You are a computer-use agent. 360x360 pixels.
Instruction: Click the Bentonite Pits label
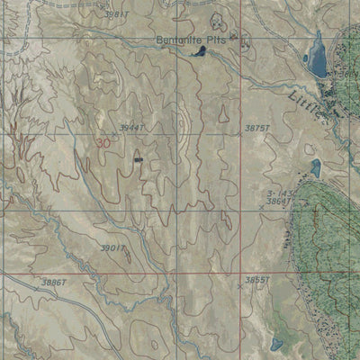click(192, 40)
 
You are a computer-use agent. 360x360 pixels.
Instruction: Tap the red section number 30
click(103, 143)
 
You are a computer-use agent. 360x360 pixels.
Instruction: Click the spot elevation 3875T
click(257, 129)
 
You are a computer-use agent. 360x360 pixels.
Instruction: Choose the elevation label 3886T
click(54, 282)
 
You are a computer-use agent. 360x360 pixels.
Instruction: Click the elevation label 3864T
click(279, 202)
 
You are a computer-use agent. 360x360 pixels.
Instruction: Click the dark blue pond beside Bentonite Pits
click(197, 53)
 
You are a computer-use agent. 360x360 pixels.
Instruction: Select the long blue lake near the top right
click(316, 56)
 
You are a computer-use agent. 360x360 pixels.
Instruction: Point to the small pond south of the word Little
click(315, 167)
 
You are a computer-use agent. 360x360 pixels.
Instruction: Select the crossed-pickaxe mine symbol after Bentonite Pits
click(234, 37)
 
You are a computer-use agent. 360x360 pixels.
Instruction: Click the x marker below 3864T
click(262, 209)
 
